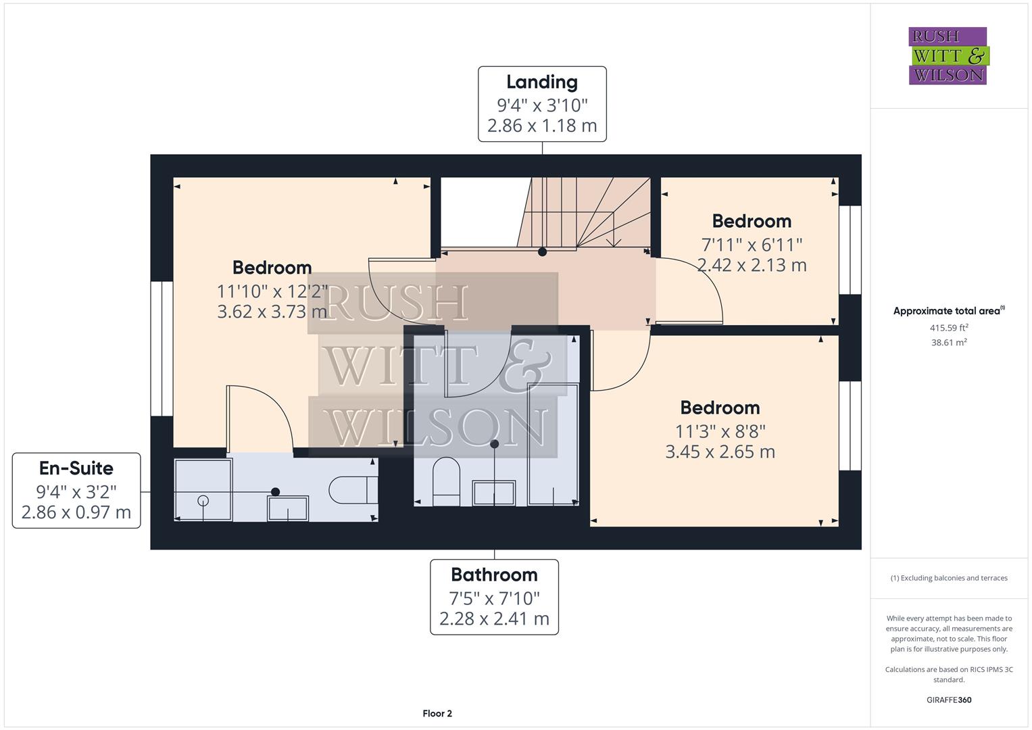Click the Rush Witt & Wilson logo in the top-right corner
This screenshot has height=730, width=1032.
coord(948,56)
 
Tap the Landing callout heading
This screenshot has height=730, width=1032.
coord(542,82)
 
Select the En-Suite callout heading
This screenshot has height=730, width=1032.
coord(76,468)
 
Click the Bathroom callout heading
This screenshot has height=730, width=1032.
coord(494,575)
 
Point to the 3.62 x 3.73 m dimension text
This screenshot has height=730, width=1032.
coord(272,312)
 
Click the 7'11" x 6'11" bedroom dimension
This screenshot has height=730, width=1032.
coord(752,244)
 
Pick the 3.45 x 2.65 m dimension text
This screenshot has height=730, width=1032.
coord(720,452)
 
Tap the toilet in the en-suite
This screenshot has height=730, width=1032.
coord(353,490)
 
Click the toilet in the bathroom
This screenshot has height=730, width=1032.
coord(446,480)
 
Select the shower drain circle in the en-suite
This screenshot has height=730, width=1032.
coord(203,501)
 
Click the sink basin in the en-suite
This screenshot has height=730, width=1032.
coord(288,508)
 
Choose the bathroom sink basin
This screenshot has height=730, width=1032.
coord(494,493)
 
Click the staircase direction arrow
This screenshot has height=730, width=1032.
coord(614,240)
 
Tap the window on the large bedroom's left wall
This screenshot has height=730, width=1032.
coord(162,349)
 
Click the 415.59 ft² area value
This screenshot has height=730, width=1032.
coord(948,328)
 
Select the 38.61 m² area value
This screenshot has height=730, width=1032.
coord(948,343)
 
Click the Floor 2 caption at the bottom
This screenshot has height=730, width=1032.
coord(437,713)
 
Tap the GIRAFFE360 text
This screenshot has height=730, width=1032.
coord(948,700)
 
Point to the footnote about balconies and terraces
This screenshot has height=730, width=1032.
coord(948,578)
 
